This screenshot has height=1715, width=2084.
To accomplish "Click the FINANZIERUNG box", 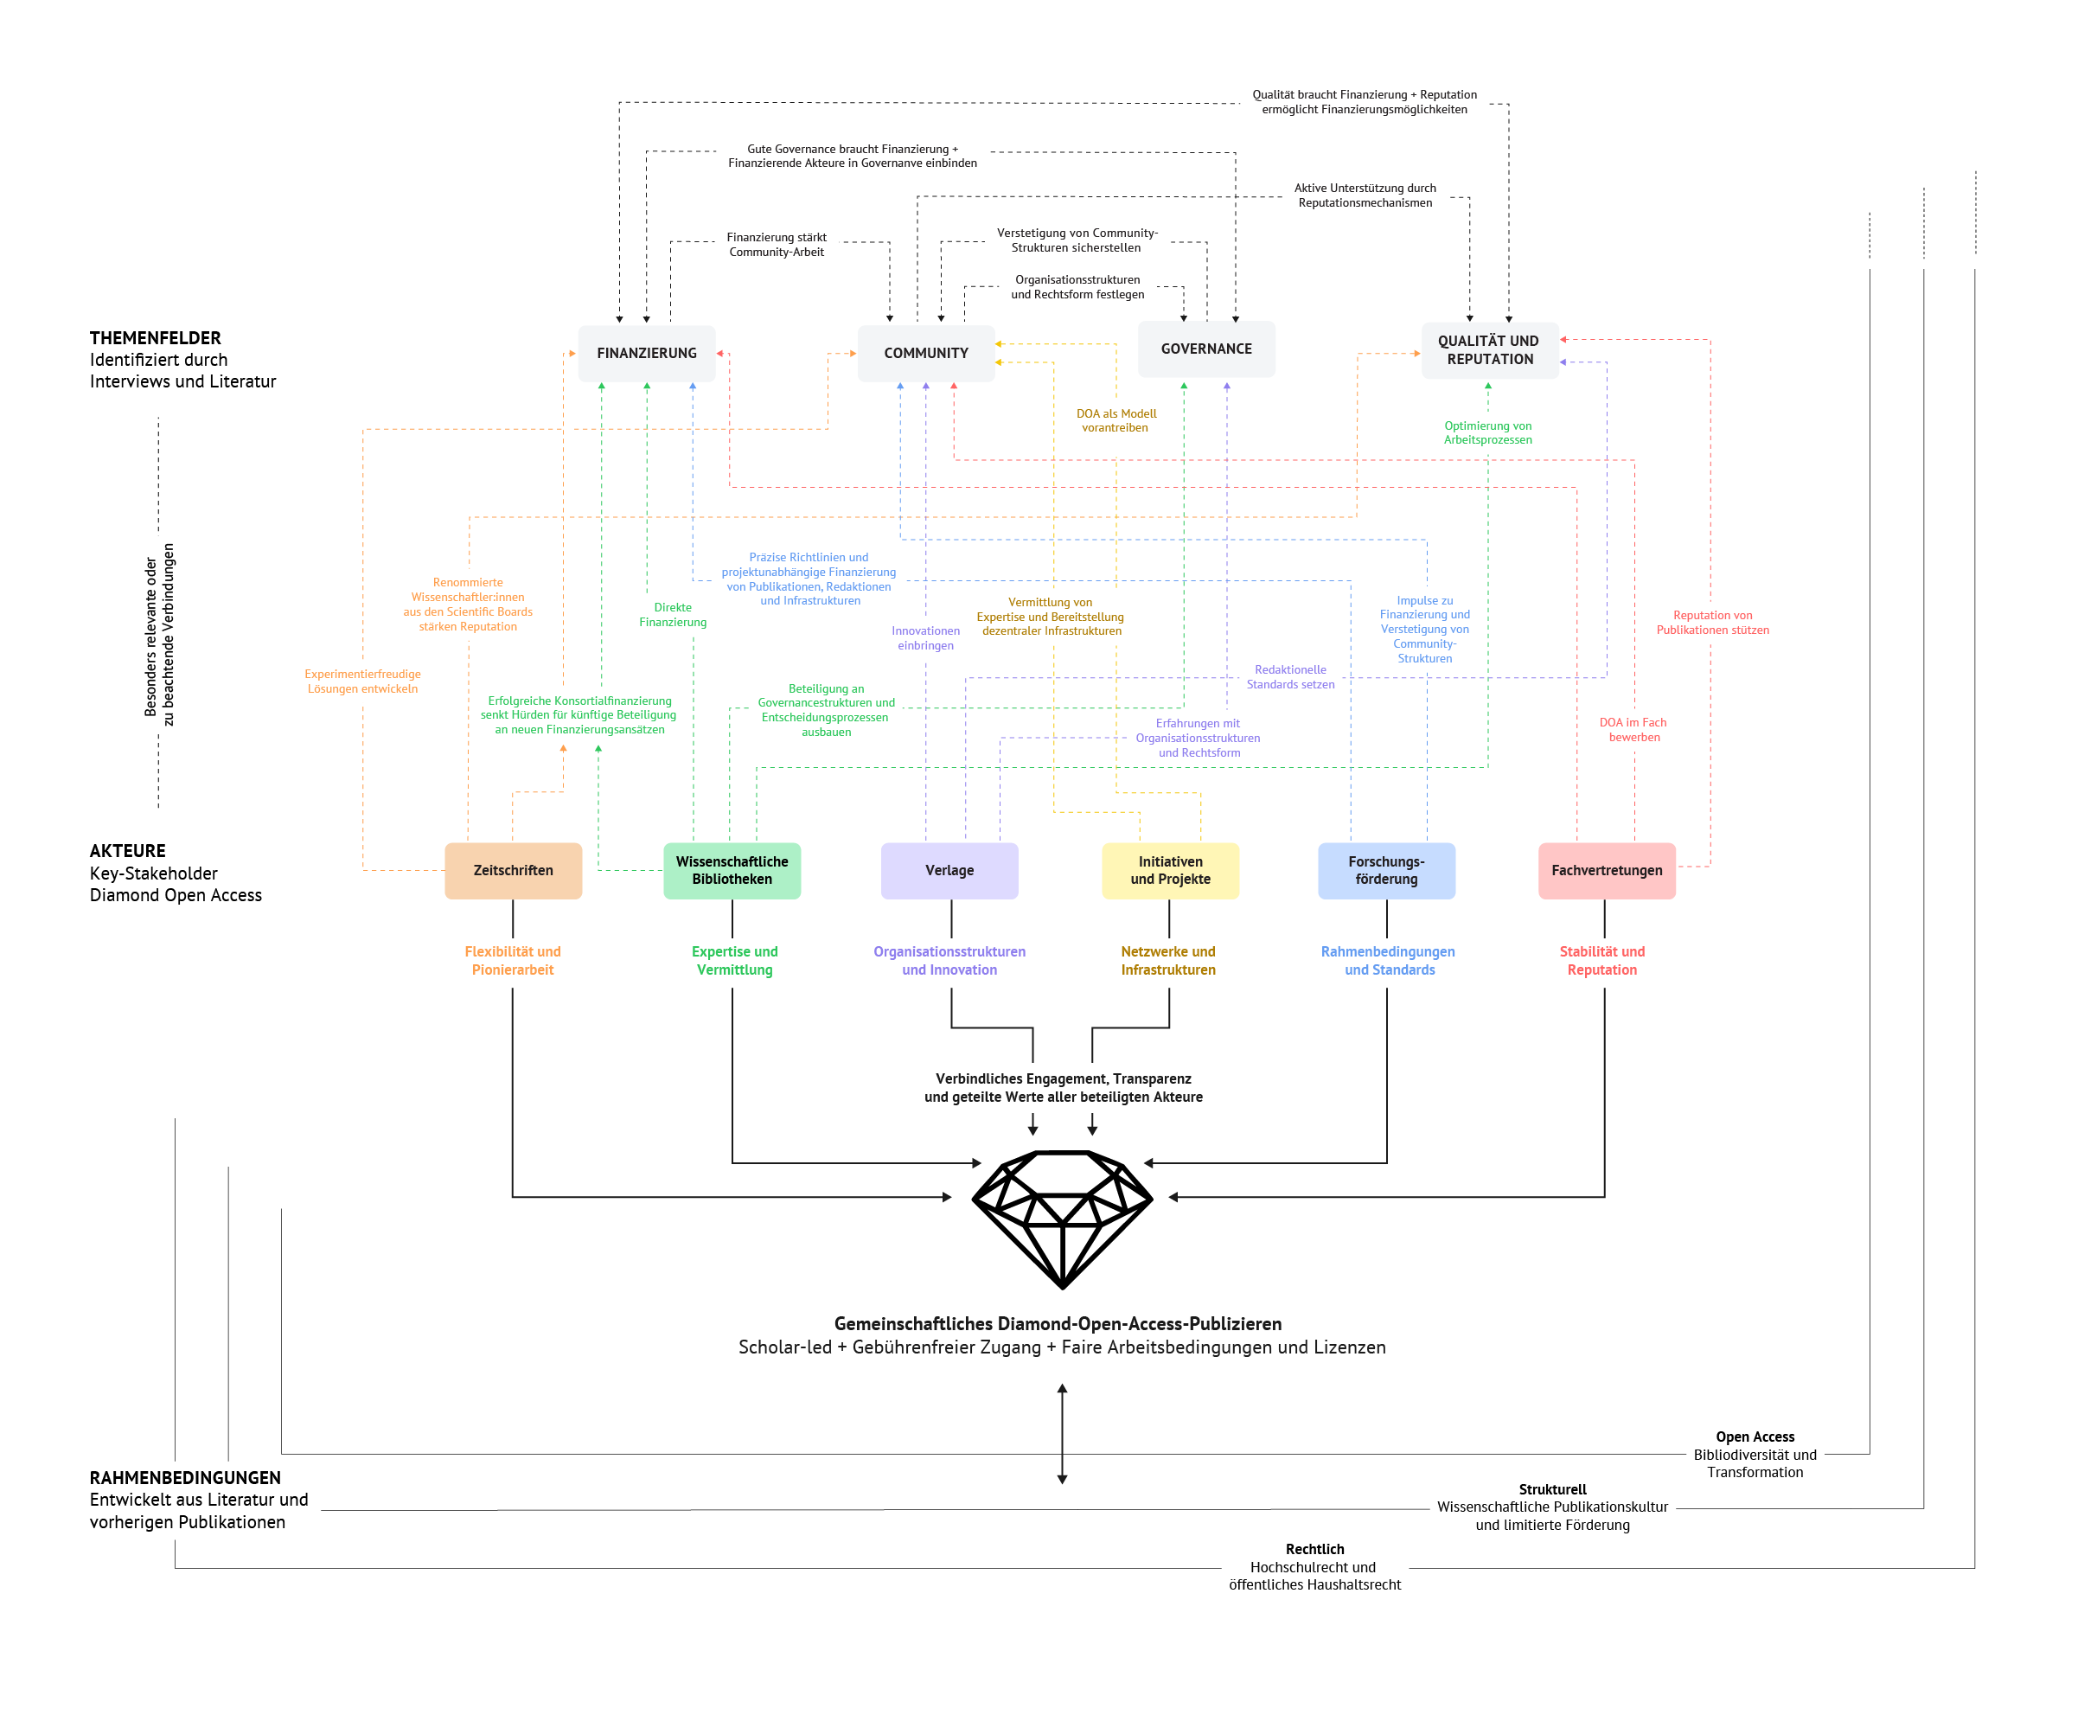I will coord(646,353).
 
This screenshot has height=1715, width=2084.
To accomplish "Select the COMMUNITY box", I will coord(925,353).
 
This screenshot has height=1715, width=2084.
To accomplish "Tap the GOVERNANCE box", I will coord(1206,349).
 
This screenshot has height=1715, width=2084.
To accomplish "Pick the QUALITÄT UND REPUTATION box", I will coord(1488,349).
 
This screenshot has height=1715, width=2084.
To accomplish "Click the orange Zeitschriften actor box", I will coord(513,870).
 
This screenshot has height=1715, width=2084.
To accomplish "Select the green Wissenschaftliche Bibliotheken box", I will coord(732,870).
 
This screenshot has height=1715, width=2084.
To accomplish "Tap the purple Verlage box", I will coord(949,870).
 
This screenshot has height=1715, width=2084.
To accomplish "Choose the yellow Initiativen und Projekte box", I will coord(1170,870).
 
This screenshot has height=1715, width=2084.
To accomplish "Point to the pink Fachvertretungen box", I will coord(1606,870).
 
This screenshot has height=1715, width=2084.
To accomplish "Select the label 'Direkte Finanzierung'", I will coord(673,614).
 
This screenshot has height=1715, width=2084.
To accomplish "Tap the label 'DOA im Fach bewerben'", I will coord(1633,730).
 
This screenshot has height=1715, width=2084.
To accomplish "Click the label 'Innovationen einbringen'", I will coord(925,638).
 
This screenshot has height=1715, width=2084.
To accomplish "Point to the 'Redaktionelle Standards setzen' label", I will coord(1290,676).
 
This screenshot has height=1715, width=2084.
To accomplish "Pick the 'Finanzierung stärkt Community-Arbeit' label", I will coord(777,244).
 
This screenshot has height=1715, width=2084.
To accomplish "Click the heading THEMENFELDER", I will coord(155,338).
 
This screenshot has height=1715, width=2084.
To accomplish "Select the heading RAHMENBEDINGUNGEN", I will coord(185,1478).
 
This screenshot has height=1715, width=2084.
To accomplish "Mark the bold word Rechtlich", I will coord(1314,1549).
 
